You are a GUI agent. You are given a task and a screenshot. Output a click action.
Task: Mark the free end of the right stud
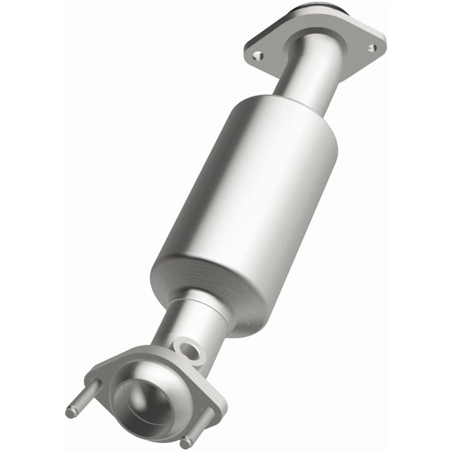[x=187, y=444]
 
